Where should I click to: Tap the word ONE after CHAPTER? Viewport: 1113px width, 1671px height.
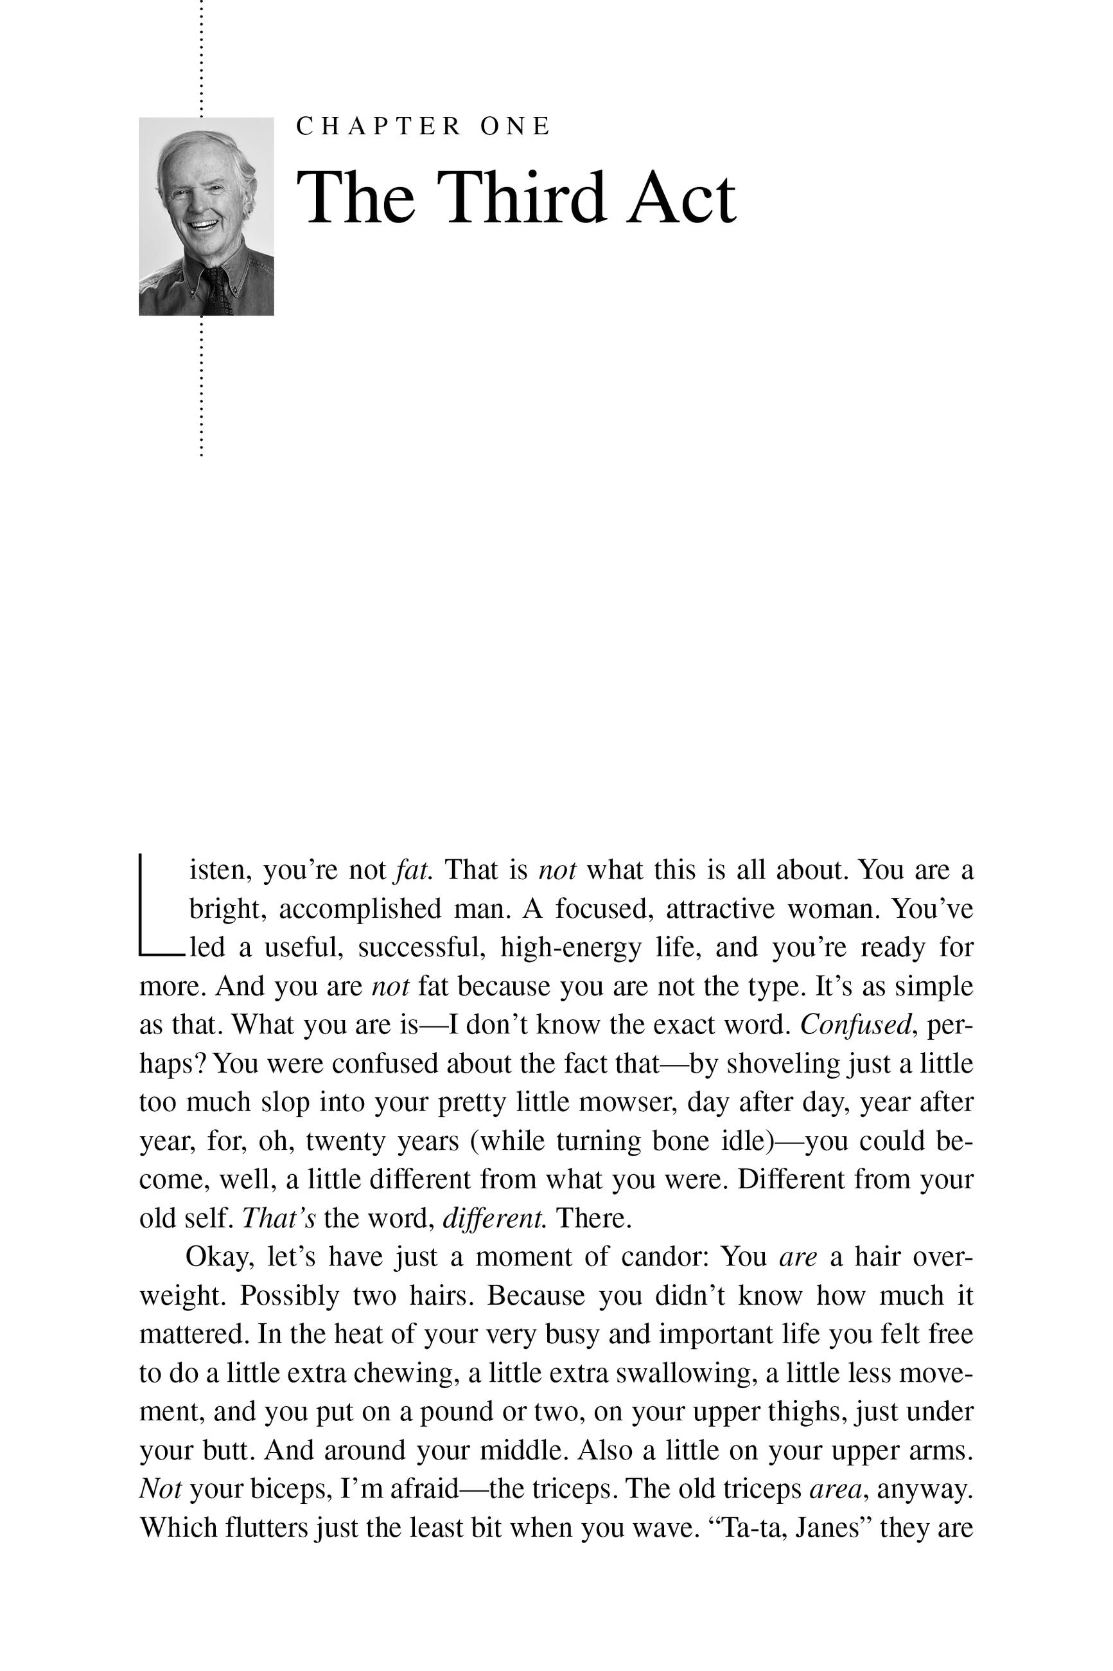pos(515,127)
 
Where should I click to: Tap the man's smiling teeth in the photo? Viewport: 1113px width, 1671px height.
pos(203,226)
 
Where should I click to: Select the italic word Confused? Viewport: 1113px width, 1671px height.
pos(856,1024)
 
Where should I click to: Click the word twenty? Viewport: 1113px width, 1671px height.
pos(346,1141)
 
